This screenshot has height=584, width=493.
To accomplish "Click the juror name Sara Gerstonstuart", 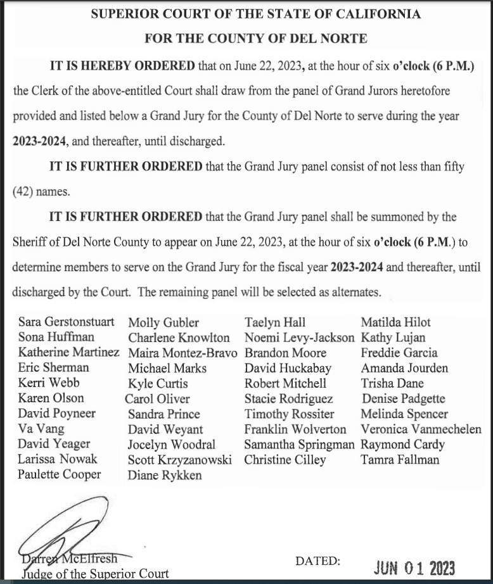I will pyautogui.click(x=67, y=322).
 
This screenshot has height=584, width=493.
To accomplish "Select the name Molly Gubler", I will pyautogui.click(x=163, y=322).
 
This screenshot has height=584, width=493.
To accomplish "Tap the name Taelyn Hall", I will pyautogui.click(x=276, y=322).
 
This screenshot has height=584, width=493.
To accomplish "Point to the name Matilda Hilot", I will pyautogui.click(x=396, y=322).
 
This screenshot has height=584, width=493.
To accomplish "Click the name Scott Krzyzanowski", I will pyautogui.click(x=180, y=460).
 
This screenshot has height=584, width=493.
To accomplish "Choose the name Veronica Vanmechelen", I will pyautogui.click(x=421, y=429).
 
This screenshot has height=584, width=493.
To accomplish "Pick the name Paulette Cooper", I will pyautogui.click(x=59, y=474).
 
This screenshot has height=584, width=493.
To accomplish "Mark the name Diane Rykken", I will pyautogui.click(x=165, y=475).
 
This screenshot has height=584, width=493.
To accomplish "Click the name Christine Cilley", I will pyautogui.click(x=286, y=460).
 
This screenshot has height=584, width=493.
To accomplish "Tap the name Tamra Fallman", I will pyautogui.click(x=400, y=460).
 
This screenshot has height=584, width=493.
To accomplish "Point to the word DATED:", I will pyautogui.click(x=318, y=561).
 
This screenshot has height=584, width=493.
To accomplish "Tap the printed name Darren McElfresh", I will pyautogui.click(x=68, y=559).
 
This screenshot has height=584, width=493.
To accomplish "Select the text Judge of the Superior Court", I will pyautogui.click(x=95, y=574).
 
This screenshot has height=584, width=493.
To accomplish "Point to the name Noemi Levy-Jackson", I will pyautogui.click(x=300, y=338).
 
